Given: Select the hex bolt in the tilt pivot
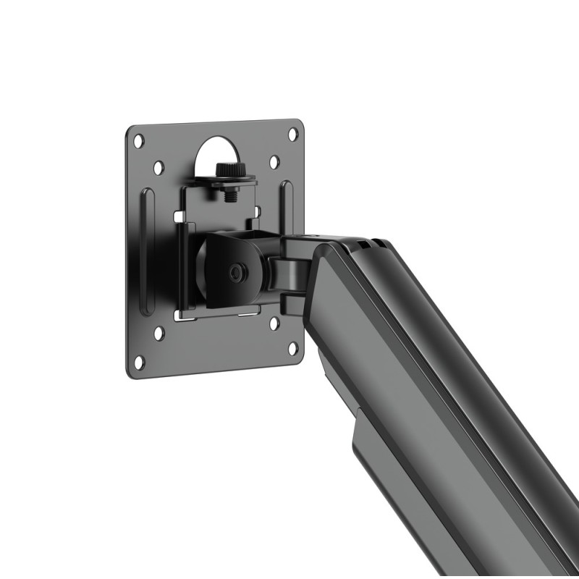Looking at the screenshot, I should coord(236,274).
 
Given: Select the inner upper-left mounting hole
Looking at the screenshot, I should coord(159,167).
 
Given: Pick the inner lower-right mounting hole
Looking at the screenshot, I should coord(274,324).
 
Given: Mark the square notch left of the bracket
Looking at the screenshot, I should coord(178,215).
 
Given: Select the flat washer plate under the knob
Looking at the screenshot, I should coord(230,181).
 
